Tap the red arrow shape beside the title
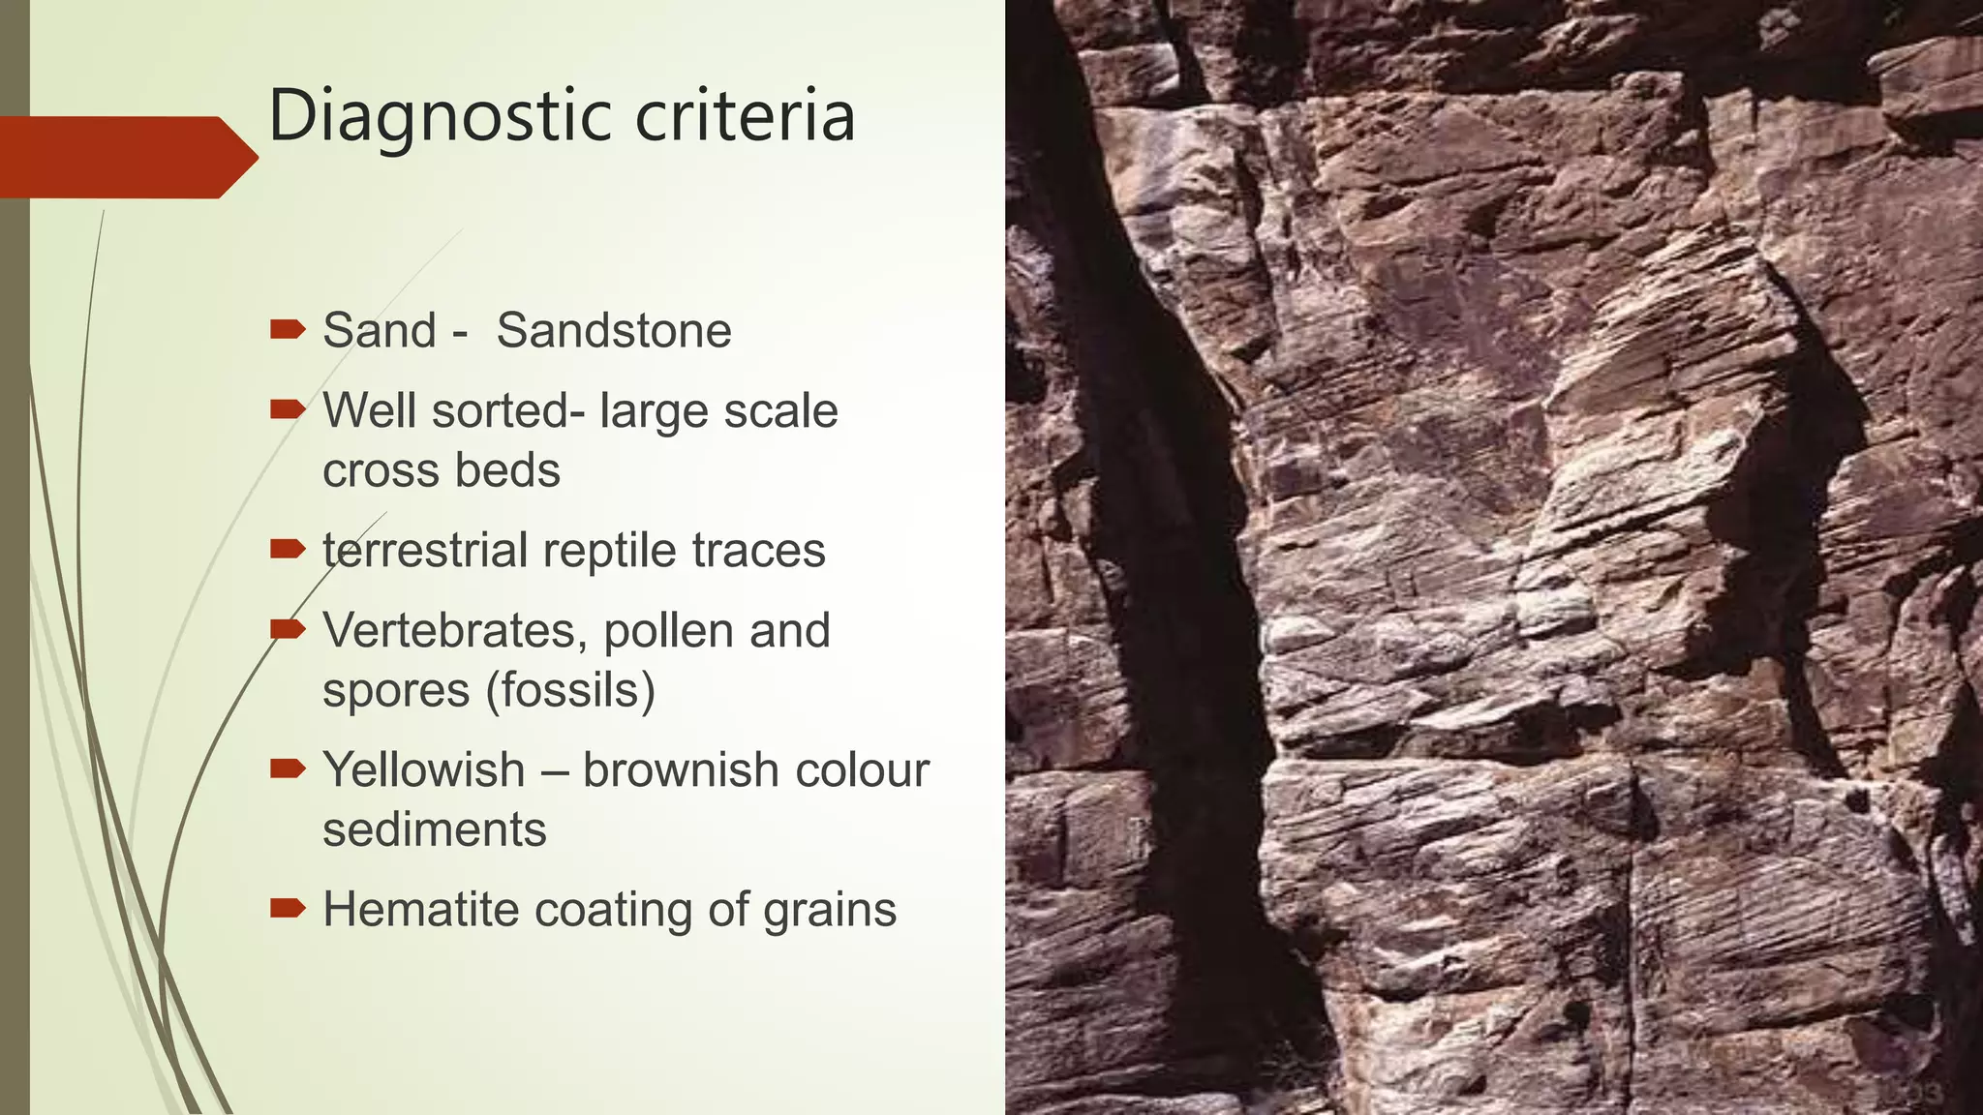click(x=126, y=158)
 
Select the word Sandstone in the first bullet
click(x=614, y=331)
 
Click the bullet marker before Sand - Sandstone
click(x=288, y=331)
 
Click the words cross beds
click(x=442, y=471)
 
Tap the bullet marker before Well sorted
click(x=288, y=410)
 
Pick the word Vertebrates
click(x=454, y=631)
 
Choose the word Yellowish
click(x=424, y=770)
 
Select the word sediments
click(x=435, y=830)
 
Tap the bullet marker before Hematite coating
click(x=288, y=908)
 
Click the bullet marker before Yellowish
click(x=288, y=769)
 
